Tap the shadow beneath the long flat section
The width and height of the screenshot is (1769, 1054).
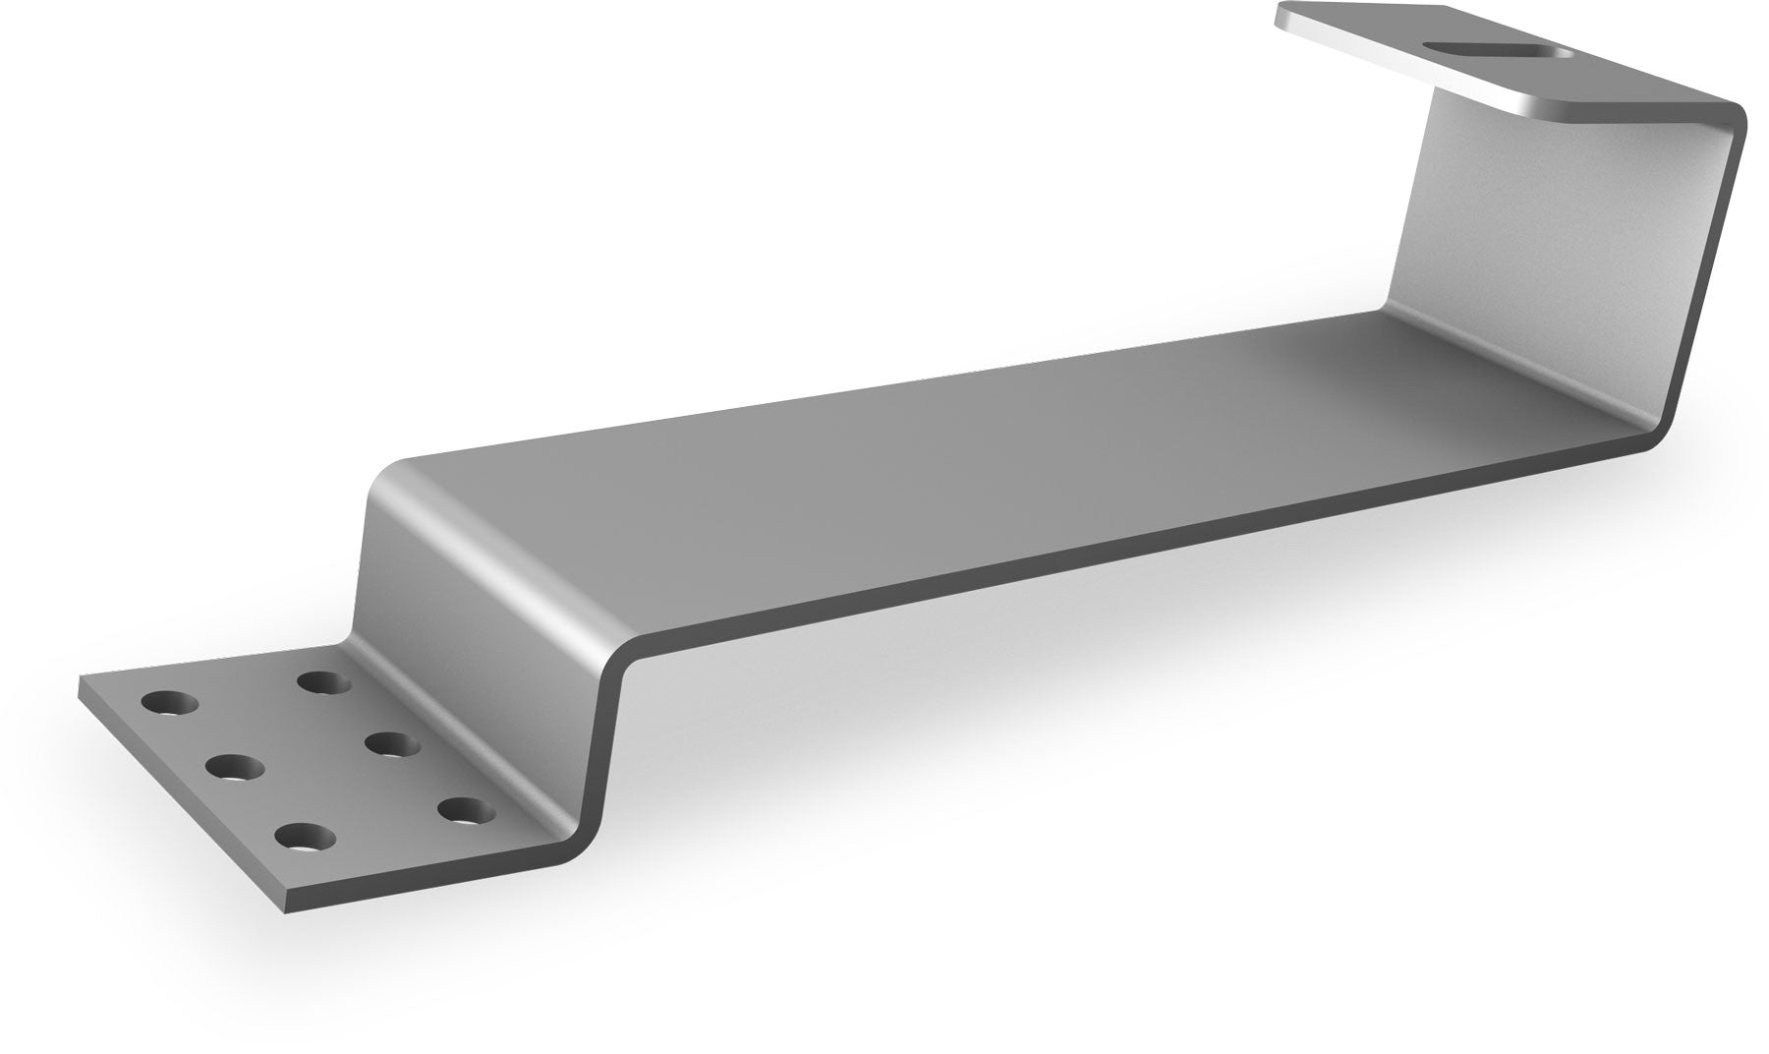pos(983,688)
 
